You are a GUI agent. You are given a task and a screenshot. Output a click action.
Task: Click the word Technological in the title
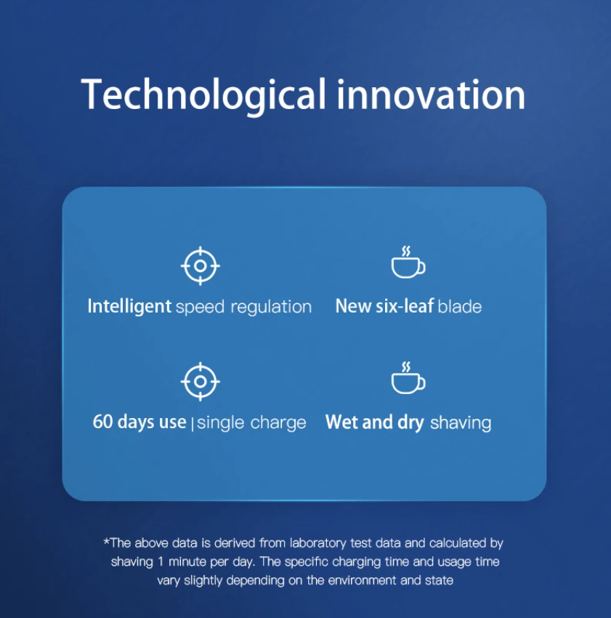tap(203, 95)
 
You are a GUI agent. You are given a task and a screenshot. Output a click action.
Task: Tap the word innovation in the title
tap(431, 95)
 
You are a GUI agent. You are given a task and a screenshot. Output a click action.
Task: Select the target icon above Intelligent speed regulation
tap(200, 265)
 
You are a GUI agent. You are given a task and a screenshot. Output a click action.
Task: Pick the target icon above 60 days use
tap(200, 382)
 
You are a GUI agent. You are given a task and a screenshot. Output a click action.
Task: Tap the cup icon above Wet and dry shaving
tap(408, 377)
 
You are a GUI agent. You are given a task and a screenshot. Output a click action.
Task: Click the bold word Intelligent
tap(129, 307)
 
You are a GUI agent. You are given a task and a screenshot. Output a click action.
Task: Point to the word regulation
tap(271, 307)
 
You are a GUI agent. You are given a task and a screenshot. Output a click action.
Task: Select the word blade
tap(460, 306)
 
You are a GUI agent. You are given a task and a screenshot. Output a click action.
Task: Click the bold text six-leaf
tap(405, 306)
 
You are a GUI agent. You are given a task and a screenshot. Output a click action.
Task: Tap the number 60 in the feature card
tap(103, 422)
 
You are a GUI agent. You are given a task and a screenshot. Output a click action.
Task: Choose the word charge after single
tap(278, 423)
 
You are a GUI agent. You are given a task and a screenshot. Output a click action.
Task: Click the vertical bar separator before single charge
tap(193, 424)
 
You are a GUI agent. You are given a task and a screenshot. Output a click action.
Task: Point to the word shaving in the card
tap(461, 423)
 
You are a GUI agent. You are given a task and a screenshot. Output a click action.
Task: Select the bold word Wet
tap(341, 422)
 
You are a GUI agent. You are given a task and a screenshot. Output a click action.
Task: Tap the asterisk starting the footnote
tap(106, 541)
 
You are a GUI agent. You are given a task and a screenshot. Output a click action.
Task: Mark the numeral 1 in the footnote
tap(161, 561)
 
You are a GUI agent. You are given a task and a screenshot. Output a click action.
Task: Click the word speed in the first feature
tap(200, 308)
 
